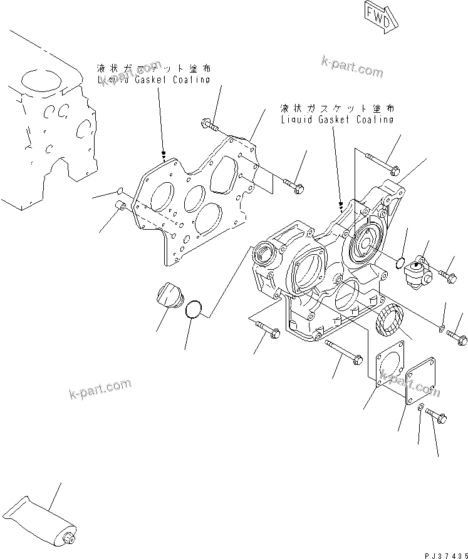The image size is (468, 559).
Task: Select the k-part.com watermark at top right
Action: tap(351, 66)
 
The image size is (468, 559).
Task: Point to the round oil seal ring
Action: tap(388, 318)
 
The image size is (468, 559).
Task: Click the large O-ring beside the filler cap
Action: tap(194, 308)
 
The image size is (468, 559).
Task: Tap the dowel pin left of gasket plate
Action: tap(121, 207)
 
